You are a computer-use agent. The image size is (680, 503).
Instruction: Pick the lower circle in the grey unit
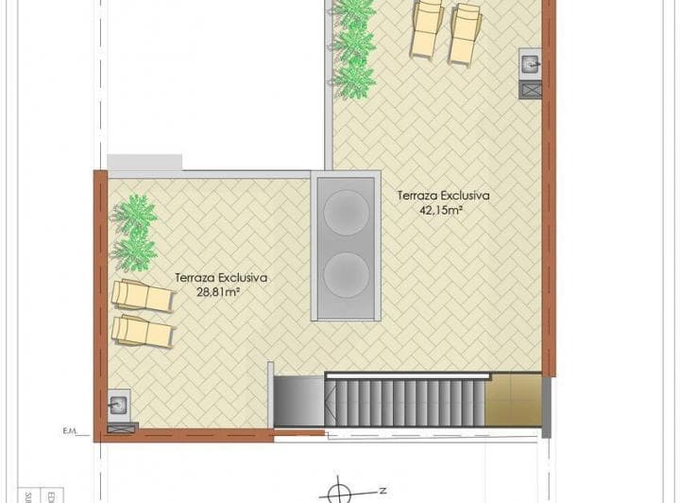345,273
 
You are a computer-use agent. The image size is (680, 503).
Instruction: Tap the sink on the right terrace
531,64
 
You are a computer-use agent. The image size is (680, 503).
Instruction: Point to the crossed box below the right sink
531,90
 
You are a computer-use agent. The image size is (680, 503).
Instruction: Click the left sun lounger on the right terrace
428,28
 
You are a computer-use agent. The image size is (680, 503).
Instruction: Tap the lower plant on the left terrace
133,249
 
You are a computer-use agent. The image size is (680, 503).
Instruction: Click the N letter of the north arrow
382,491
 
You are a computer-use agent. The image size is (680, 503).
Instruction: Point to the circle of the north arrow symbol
336,492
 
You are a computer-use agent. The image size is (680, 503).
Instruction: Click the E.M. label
70,431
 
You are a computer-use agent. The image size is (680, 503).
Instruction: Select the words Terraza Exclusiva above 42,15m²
443,196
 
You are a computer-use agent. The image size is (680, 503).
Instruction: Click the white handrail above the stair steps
406,376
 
